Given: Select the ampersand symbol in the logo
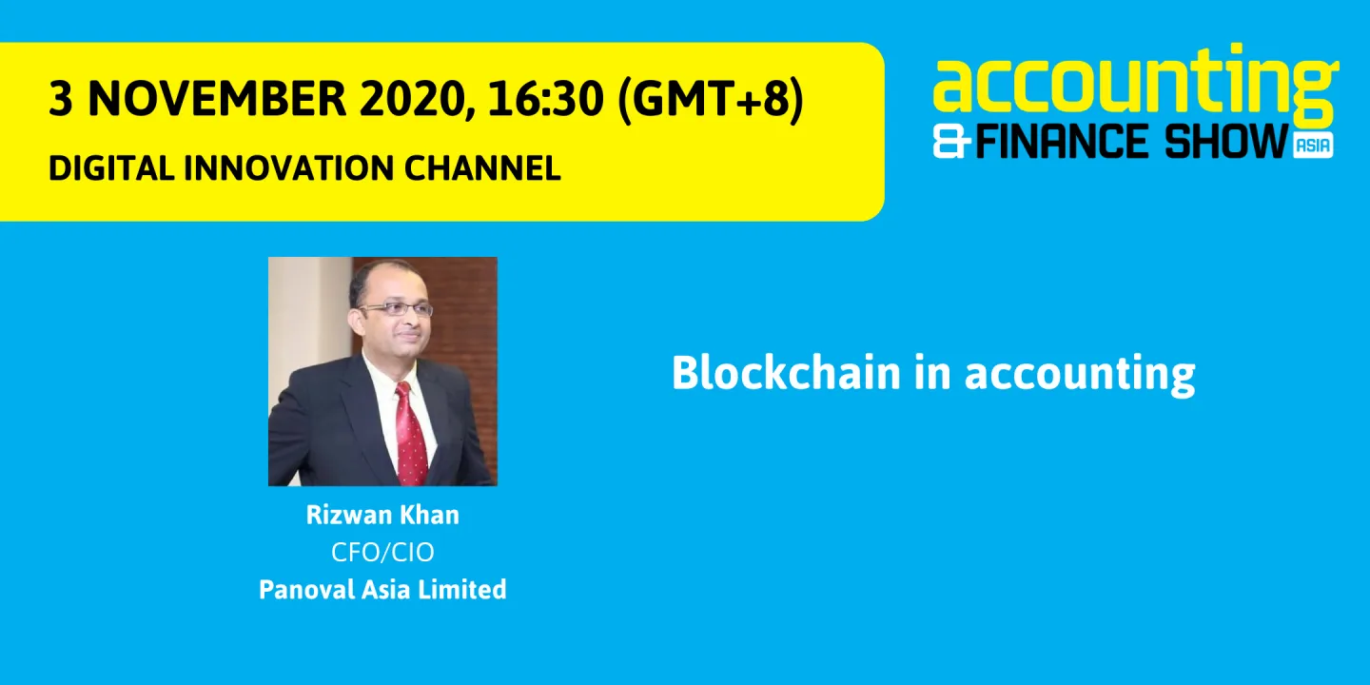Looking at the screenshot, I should tap(952, 143).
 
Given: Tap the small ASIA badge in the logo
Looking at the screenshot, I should tap(1313, 146).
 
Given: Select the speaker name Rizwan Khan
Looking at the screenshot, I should tap(382, 516).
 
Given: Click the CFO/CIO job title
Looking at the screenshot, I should tap(382, 552).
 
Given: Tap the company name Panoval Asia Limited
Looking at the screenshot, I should tap(382, 589).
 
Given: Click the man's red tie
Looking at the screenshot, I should tap(409, 433).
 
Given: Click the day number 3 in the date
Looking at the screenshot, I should tap(60, 99).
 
